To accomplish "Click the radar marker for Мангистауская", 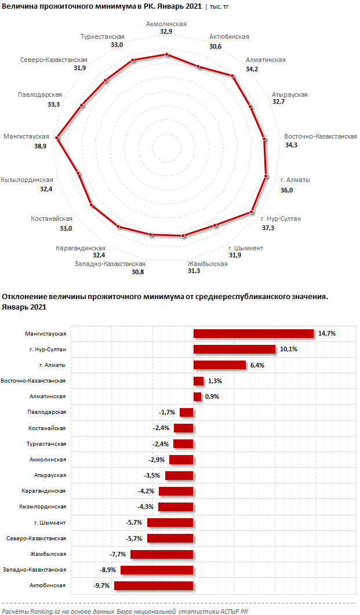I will pyautogui.click(x=57, y=138).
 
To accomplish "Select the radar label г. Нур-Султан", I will pyautogui.click(x=281, y=219).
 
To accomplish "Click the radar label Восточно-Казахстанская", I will pyautogui.click(x=320, y=136).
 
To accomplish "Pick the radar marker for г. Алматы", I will pyautogui.click(x=266, y=176).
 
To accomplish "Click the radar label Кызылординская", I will pyautogui.click(x=27, y=180).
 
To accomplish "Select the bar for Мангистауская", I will pyautogui.click(x=253, y=333).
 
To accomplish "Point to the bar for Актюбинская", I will pyautogui.click(x=153, y=585).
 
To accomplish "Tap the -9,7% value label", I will pyautogui.click(x=101, y=586).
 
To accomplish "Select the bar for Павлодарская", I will pyautogui.click(x=186, y=412).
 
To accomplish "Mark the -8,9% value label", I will pyautogui.click(x=108, y=570).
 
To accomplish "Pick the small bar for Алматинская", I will pyautogui.click(x=197, y=396).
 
